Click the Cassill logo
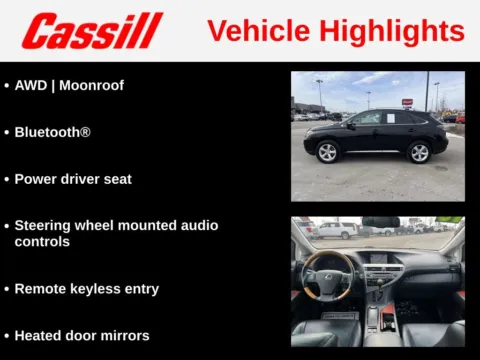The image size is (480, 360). (x=92, y=31)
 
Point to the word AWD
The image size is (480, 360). (x=31, y=86)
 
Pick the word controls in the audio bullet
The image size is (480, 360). (x=42, y=242)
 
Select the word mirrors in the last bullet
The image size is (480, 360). (x=124, y=336)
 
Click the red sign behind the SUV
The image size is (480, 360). (x=407, y=102)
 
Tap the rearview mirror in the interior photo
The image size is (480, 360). (x=381, y=222)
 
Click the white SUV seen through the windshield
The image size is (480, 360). (x=336, y=230)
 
